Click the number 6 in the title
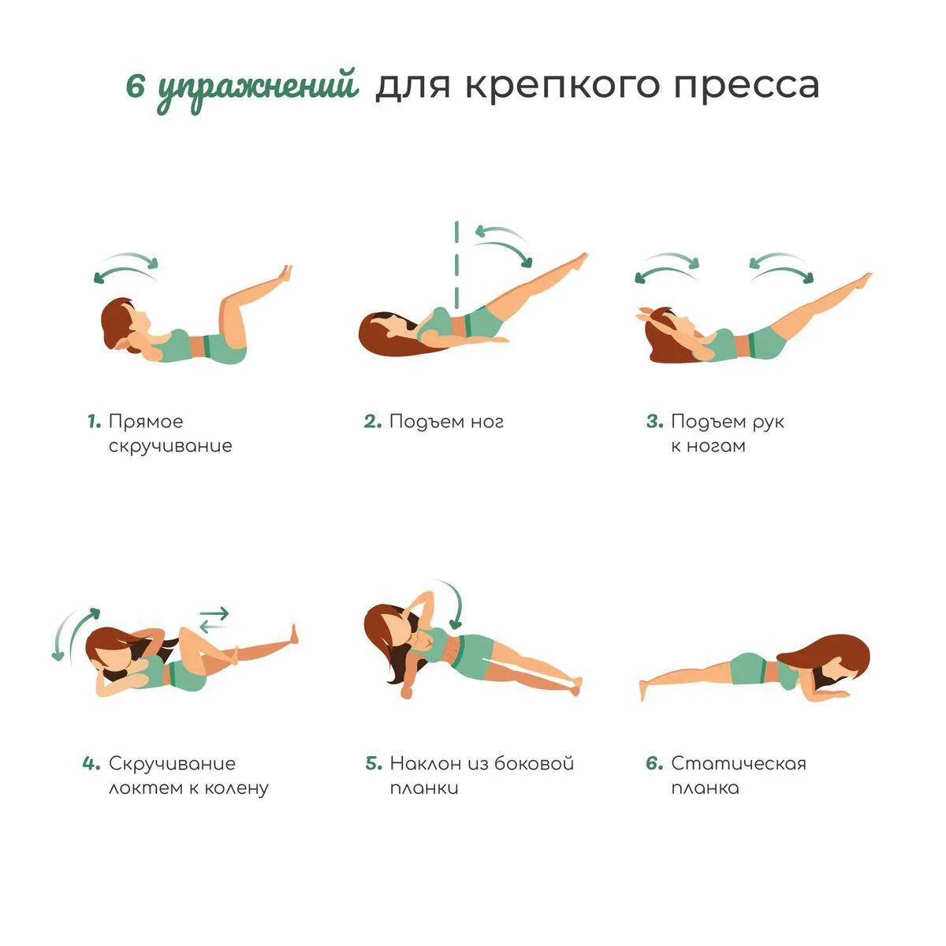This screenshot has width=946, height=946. tap(135, 88)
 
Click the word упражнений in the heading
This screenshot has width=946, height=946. tap(258, 90)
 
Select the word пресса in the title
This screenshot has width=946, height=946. tap(747, 87)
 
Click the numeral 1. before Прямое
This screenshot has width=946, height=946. tap(95, 421)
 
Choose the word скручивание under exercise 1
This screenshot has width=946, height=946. tap(170, 445)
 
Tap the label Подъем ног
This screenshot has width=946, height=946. tap(446, 421)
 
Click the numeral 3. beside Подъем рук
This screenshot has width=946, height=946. tap(655, 421)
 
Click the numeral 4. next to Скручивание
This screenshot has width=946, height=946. tap(91, 763)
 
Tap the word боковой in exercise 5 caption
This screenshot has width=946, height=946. tap(534, 762)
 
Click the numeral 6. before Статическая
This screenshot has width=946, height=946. tap(655, 763)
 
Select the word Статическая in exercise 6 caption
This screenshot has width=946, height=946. tap(739, 763)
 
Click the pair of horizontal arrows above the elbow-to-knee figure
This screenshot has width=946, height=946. tap(214, 620)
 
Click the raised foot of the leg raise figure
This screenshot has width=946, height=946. tap(579, 261)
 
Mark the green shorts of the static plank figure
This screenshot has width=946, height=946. tap(749, 669)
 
